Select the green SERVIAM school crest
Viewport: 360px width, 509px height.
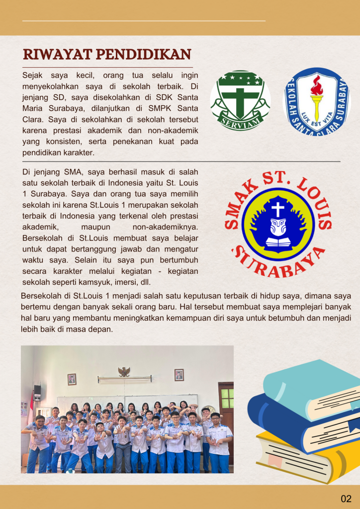click(240, 101)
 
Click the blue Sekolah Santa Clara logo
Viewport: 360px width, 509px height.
click(316, 102)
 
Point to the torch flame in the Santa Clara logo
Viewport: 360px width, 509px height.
click(316, 85)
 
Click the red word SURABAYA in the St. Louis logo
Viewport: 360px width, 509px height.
click(278, 261)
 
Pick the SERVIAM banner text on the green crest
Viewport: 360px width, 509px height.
click(240, 123)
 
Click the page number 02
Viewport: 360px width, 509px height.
click(346, 499)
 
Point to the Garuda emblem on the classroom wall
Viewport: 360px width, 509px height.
click(124, 371)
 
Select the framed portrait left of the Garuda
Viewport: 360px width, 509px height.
click(72, 379)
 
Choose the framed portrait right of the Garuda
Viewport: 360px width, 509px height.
click(179, 375)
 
